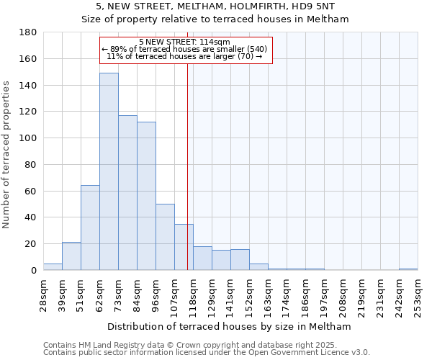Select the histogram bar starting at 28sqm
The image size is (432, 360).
53,266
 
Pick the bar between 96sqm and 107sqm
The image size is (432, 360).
165,237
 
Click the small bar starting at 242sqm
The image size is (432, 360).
408,269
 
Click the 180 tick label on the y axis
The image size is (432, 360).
28,32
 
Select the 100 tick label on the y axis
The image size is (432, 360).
28,138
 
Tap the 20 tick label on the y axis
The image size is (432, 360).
31,244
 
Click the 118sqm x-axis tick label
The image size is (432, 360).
193,295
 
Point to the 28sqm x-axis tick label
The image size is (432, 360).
43,295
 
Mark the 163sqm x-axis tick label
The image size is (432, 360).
268,295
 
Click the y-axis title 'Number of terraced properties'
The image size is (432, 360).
6,154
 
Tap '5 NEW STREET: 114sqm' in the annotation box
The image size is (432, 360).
184,42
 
